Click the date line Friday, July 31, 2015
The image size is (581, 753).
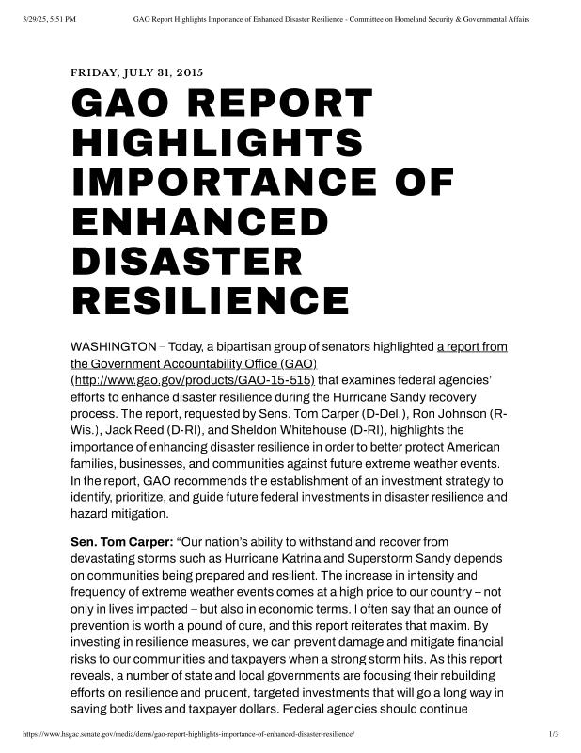(137, 72)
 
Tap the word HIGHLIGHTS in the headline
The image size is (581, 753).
(217, 143)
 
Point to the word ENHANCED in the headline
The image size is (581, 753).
(199, 222)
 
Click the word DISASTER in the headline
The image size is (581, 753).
(187, 262)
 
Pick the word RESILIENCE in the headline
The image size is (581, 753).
(211, 301)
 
